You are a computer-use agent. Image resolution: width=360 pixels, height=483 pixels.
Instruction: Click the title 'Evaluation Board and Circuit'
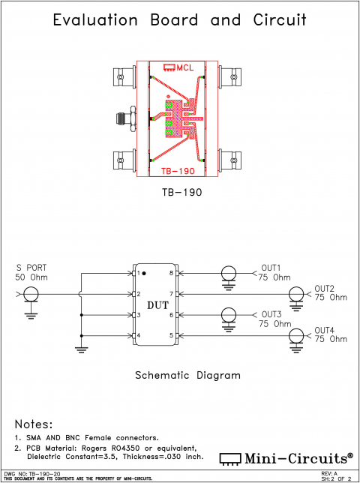pyautogui.click(x=180, y=20)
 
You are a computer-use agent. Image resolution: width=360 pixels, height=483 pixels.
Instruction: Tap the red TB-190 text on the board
pyautogui.click(x=177, y=170)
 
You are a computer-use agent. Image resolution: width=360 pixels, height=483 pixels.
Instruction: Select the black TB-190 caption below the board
pyautogui.click(x=181, y=192)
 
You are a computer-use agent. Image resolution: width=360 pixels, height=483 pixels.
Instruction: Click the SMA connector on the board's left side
pyautogui.click(x=124, y=118)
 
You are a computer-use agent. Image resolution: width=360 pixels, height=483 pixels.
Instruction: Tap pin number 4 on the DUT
pyautogui.click(x=139, y=335)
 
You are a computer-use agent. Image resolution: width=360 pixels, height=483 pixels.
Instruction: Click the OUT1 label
pyautogui.click(x=270, y=268)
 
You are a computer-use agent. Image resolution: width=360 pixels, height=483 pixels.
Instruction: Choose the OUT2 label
pyautogui.click(x=324, y=288)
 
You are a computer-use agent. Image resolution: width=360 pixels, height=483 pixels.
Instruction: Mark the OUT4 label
pyautogui.click(x=324, y=330)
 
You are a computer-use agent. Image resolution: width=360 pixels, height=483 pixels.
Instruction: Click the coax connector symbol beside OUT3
pyautogui.click(x=228, y=315)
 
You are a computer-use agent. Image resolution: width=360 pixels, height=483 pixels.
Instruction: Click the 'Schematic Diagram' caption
pyautogui.click(x=187, y=376)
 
